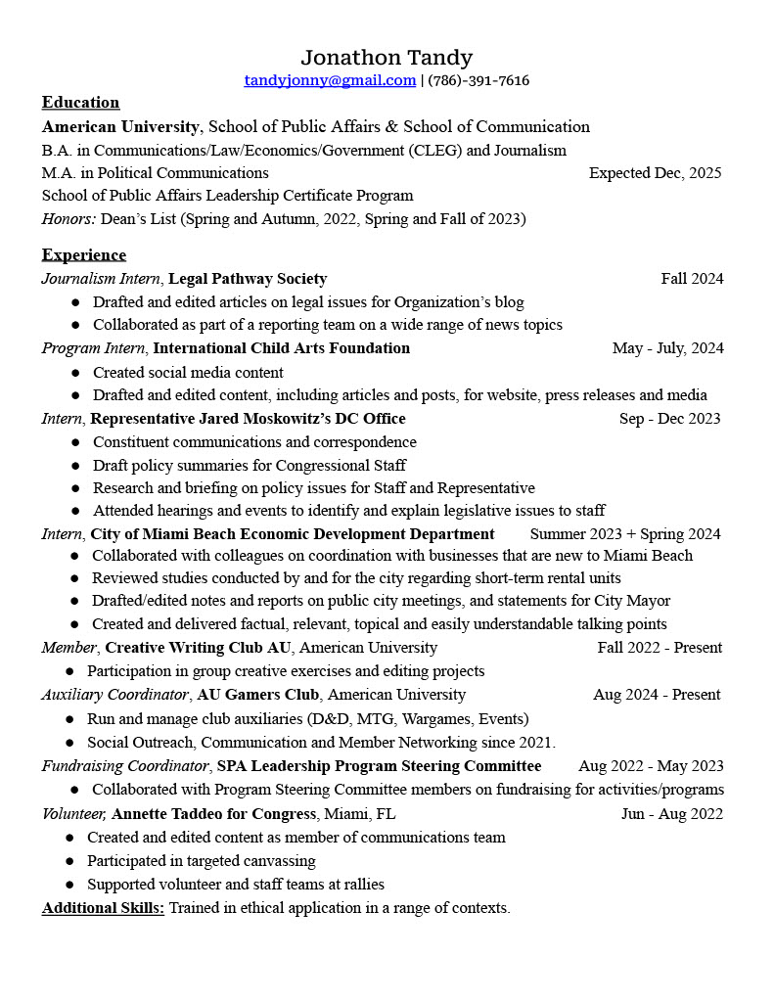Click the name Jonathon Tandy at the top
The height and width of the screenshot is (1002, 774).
click(387, 58)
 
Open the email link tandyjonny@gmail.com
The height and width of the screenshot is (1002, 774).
click(330, 80)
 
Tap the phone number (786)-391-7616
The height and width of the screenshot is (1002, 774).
click(478, 80)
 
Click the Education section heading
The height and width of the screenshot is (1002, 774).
click(80, 103)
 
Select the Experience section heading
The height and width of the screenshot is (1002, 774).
click(83, 255)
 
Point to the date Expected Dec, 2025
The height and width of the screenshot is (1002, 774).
click(655, 173)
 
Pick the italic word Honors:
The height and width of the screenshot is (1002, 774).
click(68, 219)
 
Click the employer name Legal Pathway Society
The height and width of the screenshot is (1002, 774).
click(248, 279)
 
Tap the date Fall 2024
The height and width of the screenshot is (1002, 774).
click(692, 279)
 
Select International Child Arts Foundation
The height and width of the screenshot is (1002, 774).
click(282, 348)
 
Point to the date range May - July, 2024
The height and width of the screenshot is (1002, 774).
click(667, 348)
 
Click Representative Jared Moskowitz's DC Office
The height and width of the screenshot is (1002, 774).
click(248, 419)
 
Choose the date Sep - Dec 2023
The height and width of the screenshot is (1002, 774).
click(669, 419)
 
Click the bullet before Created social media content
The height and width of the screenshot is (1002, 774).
click(75, 373)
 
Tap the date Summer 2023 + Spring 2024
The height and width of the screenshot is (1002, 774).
click(624, 534)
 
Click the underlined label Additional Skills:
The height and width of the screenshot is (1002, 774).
click(103, 908)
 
